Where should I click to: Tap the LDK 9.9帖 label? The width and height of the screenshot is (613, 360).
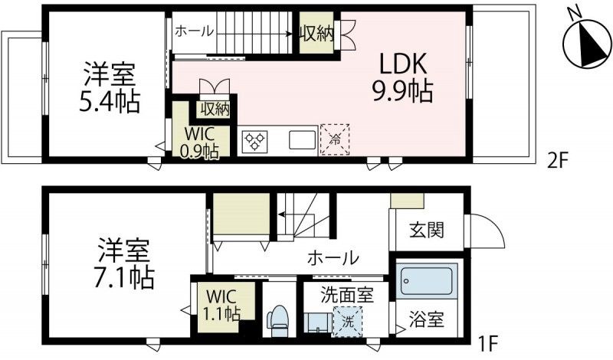pos(403,77)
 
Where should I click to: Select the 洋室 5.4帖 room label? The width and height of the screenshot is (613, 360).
pos(111,89)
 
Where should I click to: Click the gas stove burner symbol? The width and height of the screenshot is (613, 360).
pos(254,141)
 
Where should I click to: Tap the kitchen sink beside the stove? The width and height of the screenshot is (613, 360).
pos(300,141)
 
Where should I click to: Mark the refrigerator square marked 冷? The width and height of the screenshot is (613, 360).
pos(335,140)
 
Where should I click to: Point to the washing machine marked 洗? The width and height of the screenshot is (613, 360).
pos(348,321)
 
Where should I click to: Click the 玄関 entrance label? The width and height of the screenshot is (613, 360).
pos(426,228)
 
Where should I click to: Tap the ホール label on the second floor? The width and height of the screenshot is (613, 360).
pos(195,31)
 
